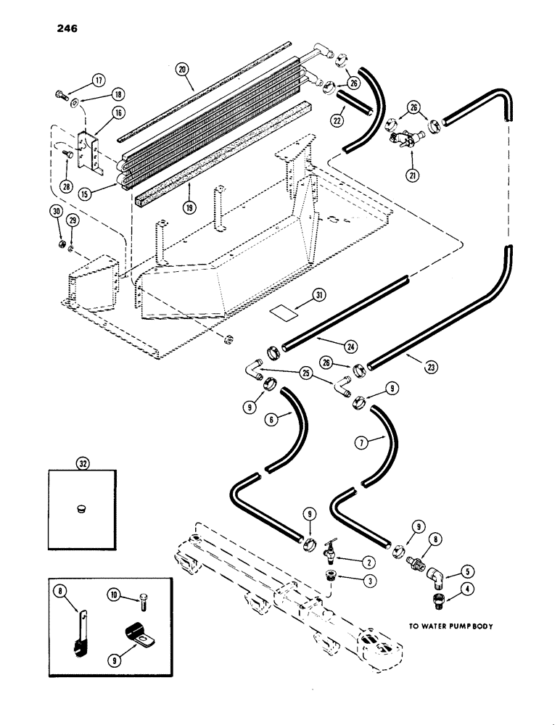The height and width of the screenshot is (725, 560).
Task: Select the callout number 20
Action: point(181,70)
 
